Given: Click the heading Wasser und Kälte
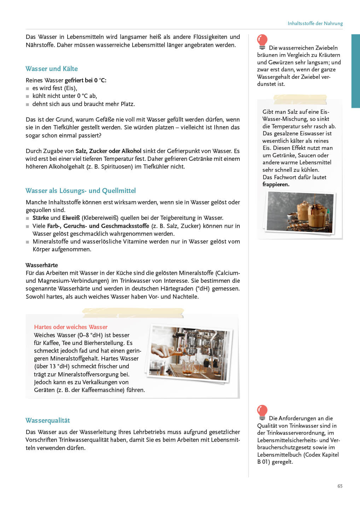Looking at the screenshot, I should coord(52,69).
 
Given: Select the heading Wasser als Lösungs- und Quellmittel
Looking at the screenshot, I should coord(81,191).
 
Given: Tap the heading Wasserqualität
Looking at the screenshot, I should coord(48,420).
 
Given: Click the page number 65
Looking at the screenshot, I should coord(340,486).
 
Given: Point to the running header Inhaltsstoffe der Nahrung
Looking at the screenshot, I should coord(315,23).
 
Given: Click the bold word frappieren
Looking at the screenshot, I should coord(276,185).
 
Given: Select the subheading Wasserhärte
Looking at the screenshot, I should coord(42,265).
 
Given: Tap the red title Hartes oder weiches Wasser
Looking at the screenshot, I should coord(71,327).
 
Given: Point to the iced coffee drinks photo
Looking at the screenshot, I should coord(300,212).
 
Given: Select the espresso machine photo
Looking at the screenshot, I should coord(189,354).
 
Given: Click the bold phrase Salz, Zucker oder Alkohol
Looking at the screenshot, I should coord(108,151).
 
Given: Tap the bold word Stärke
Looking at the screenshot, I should coord(41,218).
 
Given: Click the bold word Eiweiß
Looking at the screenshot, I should coord(71,218).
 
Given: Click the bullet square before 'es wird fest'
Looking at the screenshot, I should coord(28,88).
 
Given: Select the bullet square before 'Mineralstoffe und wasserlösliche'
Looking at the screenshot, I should coord(28,242).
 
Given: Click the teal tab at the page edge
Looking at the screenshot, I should coord(355,71).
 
